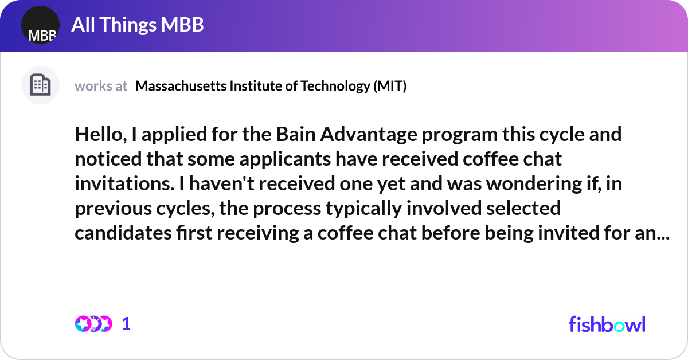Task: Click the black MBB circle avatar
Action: [x=40, y=25]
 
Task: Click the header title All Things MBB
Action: [x=137, y=25]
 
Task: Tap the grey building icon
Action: [x=40, y=85]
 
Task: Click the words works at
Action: [x=101, y=86]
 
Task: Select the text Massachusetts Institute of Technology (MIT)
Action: [x=271, y=86]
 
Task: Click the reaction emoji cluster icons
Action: [x=92, y=324]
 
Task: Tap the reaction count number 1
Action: [x=127, y=324]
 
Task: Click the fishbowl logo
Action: [x=607, y=324]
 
